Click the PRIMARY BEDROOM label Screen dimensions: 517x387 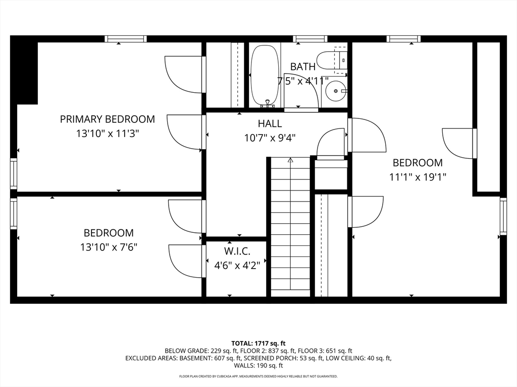click(107, 119)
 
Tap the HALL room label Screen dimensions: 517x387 click(270, 124)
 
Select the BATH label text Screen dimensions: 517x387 click(303, 67)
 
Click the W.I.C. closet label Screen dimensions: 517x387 click(237, 251)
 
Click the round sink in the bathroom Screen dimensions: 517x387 click(336, 91)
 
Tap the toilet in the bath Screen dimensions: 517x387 click(332, 60)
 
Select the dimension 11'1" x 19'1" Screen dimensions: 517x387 click(418, 177)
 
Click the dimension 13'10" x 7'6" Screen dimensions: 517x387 click(109, 247)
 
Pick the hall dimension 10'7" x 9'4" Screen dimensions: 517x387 click(270, 138)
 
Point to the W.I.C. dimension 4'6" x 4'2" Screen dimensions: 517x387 click(237, 265)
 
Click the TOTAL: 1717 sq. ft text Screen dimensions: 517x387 click(258, 344)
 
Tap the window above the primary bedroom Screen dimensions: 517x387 click(126, 39)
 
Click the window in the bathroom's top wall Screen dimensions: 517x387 click(311, 39)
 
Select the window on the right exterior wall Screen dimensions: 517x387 click(503, 216)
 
